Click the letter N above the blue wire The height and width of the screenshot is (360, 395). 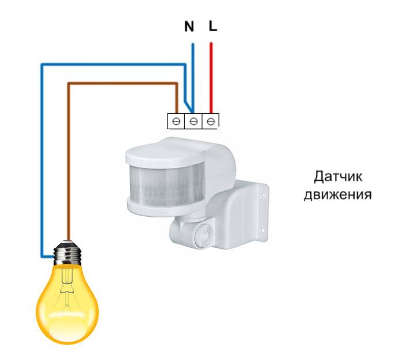[189, 26]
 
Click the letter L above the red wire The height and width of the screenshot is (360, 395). [213, 26]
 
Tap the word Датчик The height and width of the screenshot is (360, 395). [338, 177]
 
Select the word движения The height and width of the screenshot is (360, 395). [337, 194]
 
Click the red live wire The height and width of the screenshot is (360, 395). [211, 78]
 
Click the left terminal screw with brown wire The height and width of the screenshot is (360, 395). [176, 122]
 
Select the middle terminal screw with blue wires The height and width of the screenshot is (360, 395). [193, 122]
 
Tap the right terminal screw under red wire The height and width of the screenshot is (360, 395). [211, 122]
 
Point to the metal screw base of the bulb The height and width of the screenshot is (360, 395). [67, 252]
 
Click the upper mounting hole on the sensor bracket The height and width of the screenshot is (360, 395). [264, 195]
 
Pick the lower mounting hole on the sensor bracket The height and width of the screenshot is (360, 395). [262, 230]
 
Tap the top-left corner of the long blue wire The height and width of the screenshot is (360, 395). [43, 65]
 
